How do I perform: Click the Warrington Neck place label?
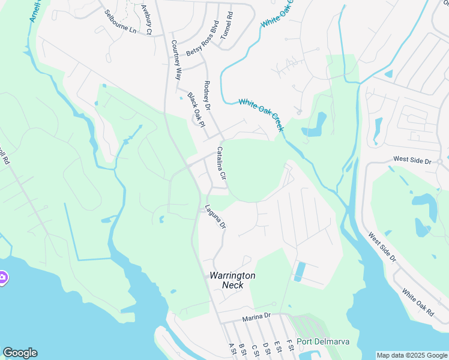pos(232,280)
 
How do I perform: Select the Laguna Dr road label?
pos(215,217)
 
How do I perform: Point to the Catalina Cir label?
pos(221,164)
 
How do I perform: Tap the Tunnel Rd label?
pos(226,25)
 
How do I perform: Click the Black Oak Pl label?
pos(196,109)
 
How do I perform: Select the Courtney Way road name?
pos(176,60)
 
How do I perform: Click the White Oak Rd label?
pos(418,303)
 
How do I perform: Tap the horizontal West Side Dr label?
pos(412,161)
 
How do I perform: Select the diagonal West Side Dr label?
pos(382,248)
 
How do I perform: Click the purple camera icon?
pos(2,277)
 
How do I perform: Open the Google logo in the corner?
pos(20,353)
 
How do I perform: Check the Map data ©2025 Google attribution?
pos(412,355)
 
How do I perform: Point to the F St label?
pos(289,346)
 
